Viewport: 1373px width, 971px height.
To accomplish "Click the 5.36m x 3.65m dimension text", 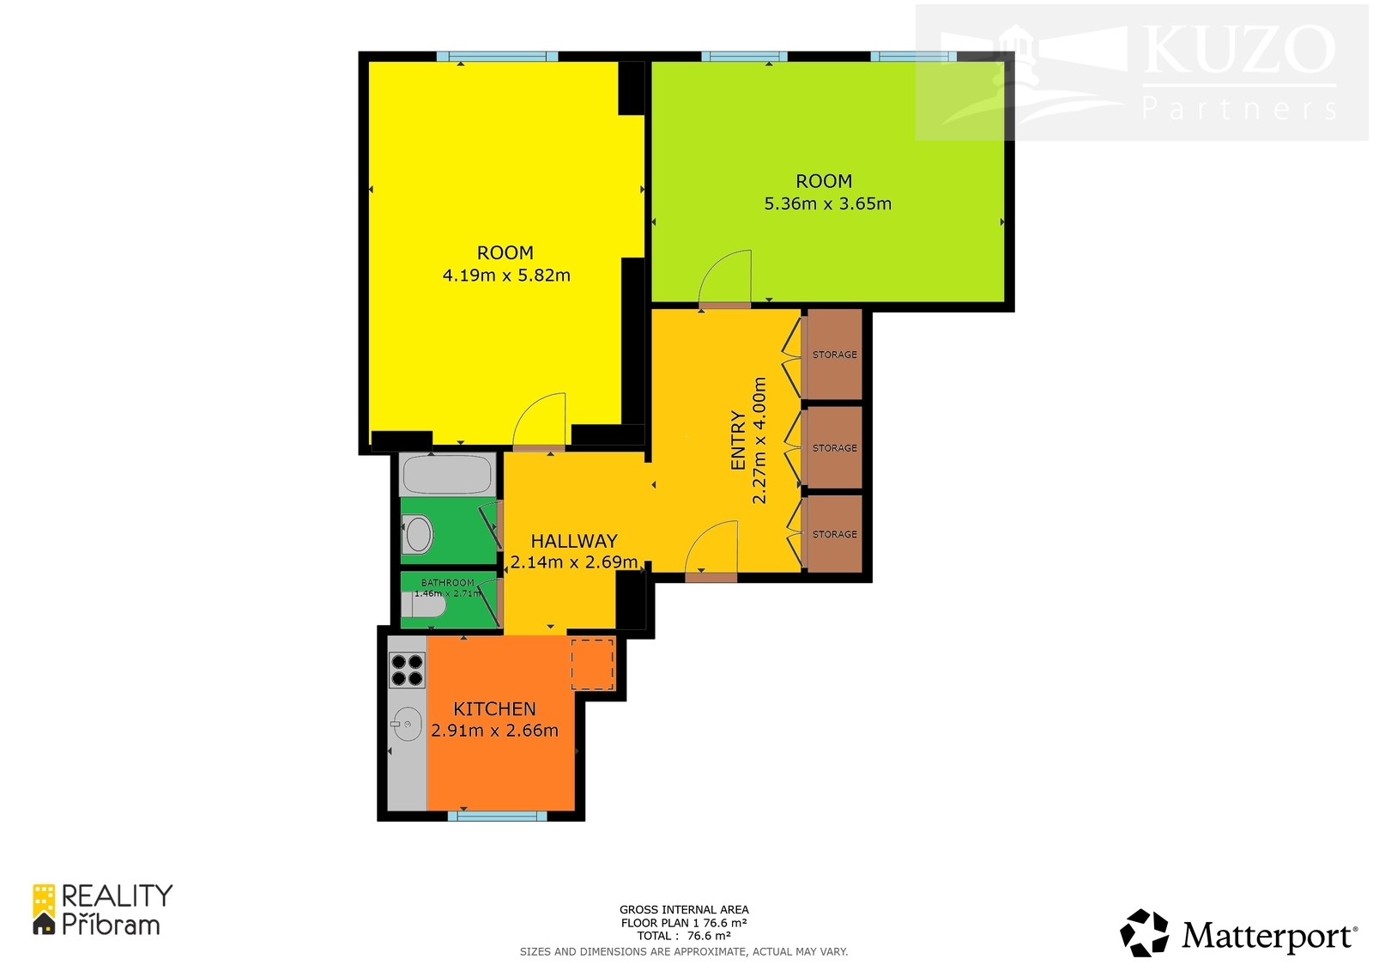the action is tap(827, 203).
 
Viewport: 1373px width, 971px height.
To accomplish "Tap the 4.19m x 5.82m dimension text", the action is tap(506, 276).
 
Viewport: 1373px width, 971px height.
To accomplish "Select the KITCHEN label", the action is tap(494, 709).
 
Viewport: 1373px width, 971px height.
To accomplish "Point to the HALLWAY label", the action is tap(574, 541).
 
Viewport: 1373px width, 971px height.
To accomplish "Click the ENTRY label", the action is tap(738, 440).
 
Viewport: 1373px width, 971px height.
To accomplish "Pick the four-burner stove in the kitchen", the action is tap(408, 669).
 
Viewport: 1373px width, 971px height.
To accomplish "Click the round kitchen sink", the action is tap(408, 724).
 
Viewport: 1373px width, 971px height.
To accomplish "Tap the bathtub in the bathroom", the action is tap(447, 474).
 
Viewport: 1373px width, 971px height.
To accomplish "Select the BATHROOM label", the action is tap(447, 583).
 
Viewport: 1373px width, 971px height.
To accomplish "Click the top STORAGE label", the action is tap(835, 355).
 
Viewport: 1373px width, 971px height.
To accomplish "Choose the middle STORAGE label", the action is tap(835, 448).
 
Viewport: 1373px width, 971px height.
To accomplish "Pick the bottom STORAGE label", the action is tap(835, 534).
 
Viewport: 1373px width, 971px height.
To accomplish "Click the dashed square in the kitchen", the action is tap(593, 664).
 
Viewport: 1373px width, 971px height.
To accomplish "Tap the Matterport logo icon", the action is tap(1144, 933).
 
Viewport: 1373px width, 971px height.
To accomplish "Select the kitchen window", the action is tap(497, 816).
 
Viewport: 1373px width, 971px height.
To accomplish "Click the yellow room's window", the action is tap(498, 57).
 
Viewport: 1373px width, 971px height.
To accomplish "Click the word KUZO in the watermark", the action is tap(1238, 51).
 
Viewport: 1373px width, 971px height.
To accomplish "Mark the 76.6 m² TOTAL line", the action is tap(684, 936).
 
